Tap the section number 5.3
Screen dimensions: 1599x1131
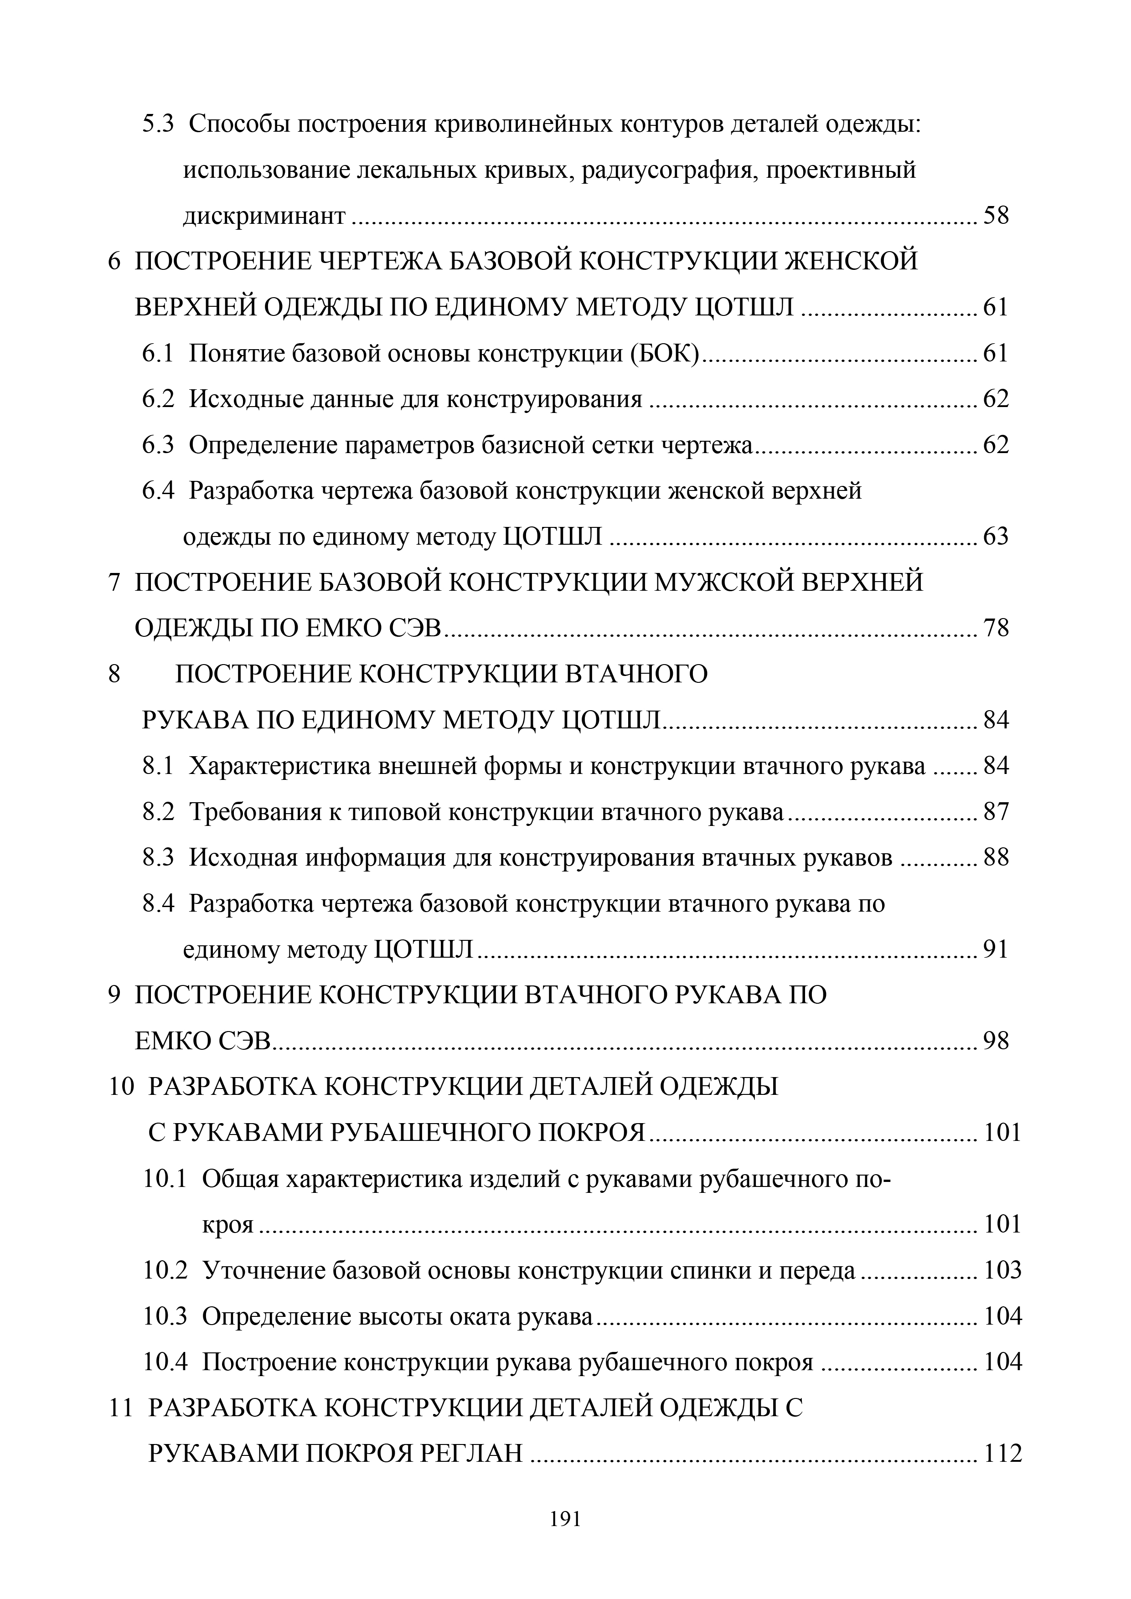pyautogui.click(x=158, y=124)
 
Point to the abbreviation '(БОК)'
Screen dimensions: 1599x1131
pyautogui.click(x=667, y=354)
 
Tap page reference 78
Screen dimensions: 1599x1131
pyautogui.click(x=996, y=628)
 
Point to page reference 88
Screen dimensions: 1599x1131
pyautogui.click(x=996, y=857)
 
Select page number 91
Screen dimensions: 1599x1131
pyautogui.click(x=996, y=949)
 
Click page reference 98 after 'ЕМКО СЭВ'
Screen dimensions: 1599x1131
pyautogui.click(x=996, y=1041)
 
